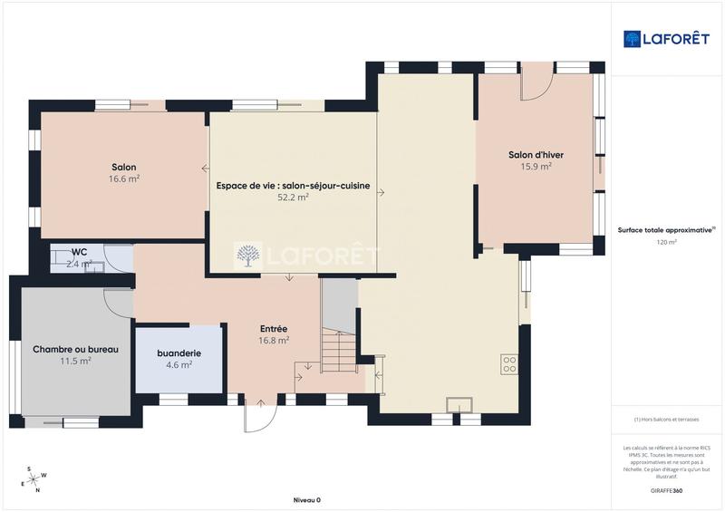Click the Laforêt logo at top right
pyautogui.click(x=666, y=38)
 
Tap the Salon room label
pyautogui.click(x=124, y=167)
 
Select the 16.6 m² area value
pyautogui.click(x=124, y=179)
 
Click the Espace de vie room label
pyautogui.click(x=293, y=186)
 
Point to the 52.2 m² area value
pyautogui.click(x=293, y=198)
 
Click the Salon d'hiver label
pyautogui.click(x=536, y=154)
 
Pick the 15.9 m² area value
pyautogui.click(x=536, y=167)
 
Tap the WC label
pyautogui.click(x=79, y=252)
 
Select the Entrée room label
pyautogui.click(x=274, y=329)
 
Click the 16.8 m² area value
pyautogui.click(x=274, y=341)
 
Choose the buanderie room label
pyautogui.click(x=179, y=353)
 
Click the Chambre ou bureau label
pyautogui.click(x=75, y=349)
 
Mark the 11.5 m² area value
pyautogui.click(x=75, y=361)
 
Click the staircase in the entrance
pyautogui.click(x=341, y=349)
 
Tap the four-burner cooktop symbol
pyautogui.click(x=509, y=364)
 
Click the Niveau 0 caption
pyautogui.click(x=307, y=500)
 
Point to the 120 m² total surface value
pyautogui.click(x=666, y=243)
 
